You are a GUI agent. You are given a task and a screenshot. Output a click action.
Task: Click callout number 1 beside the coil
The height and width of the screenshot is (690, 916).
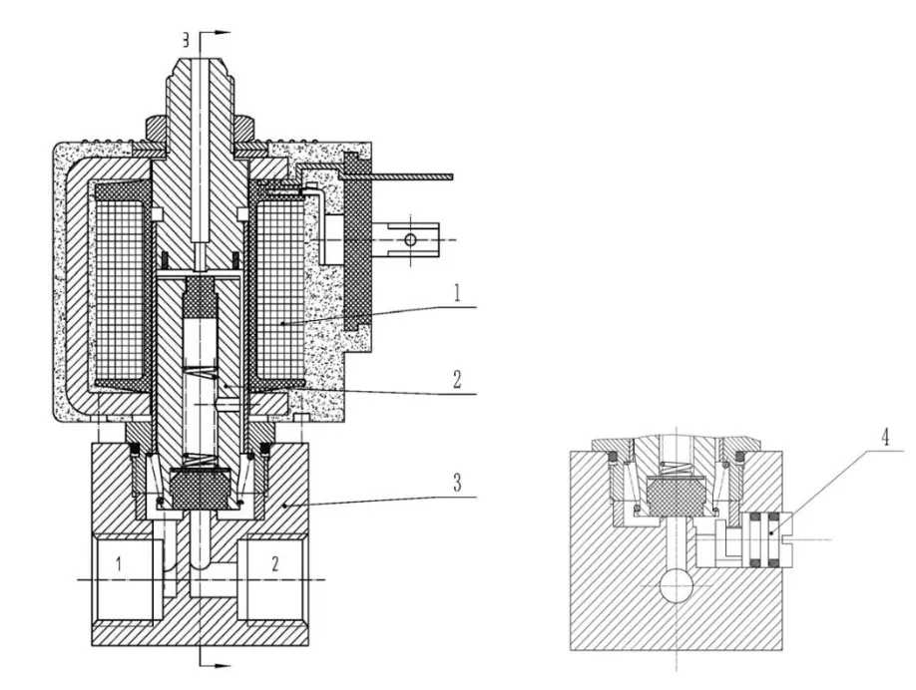[x=457, y=293]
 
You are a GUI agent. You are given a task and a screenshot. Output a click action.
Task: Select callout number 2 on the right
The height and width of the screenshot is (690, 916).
[x=457, y=380]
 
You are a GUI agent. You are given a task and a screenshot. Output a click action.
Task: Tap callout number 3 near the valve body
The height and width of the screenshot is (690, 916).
[x=457, y=484]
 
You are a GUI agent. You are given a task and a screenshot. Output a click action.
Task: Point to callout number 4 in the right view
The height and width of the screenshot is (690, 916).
[x=886, y=437]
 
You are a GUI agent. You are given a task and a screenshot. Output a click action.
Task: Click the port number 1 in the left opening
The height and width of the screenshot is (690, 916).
[x=119, y=564]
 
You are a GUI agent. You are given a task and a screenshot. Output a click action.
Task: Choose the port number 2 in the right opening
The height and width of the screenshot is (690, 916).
[x=275, y=564]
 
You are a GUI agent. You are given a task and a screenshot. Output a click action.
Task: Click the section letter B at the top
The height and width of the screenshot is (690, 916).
[x=186, y=40]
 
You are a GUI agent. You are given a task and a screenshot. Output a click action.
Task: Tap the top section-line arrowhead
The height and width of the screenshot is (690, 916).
[x=223, y=33]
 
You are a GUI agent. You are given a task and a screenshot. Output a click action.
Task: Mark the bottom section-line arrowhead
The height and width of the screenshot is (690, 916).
[x=223, y=665]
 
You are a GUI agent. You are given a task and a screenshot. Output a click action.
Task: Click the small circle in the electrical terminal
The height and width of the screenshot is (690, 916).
[x=411, y=240]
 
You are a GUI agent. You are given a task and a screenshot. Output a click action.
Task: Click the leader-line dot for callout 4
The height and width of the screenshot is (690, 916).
[x=771, y=532]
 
